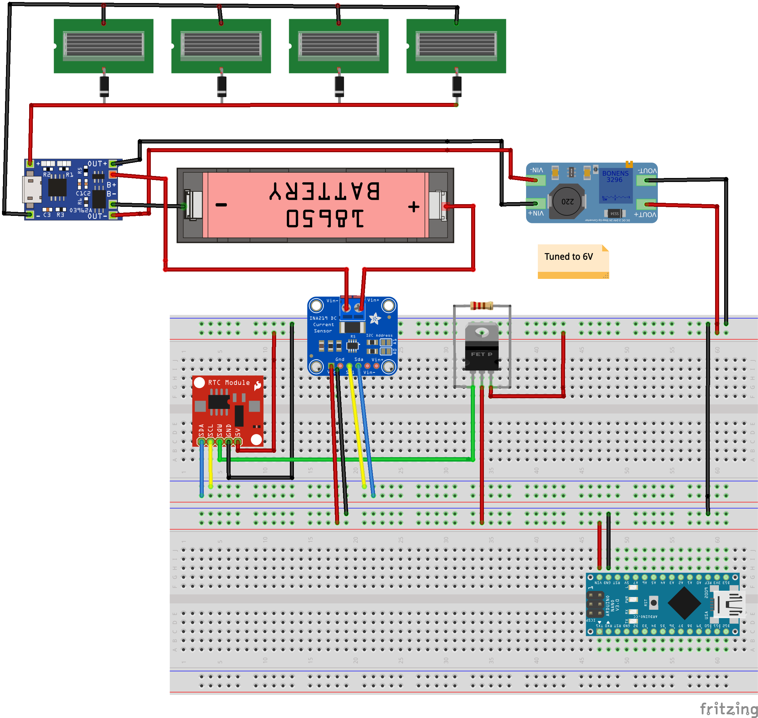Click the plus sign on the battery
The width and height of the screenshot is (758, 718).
pos(414,207)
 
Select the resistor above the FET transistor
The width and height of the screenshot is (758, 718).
pos(481,305)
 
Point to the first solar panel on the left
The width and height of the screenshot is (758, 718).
pos(103,46)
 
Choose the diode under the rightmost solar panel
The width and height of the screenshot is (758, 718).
pos(456,86)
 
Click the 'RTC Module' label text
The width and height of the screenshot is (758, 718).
pos(229,382)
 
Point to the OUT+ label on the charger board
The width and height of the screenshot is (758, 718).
pos(97,164)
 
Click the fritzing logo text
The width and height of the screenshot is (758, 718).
pos(728,708)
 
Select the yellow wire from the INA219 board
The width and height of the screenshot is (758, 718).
pos(357,425)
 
